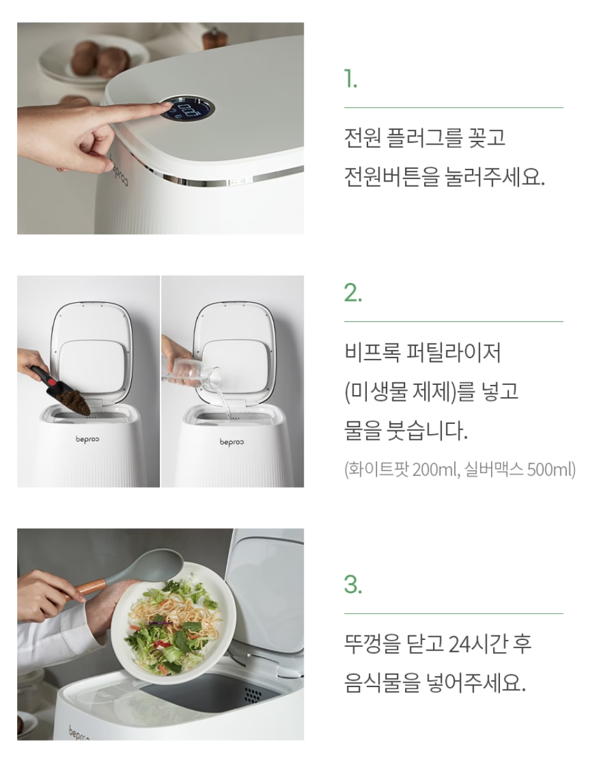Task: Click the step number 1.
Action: tap(350, 78)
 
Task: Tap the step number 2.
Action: tap(353, 293)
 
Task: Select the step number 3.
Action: tap(353, 584)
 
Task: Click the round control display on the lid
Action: tap(187, 110)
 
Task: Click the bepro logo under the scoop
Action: tap(87, 439)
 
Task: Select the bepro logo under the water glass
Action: tap(231, 442)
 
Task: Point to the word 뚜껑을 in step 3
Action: tap(373, 644)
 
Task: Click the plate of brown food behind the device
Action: tap(92, 60)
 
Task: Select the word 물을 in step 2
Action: tap(362, 430)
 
